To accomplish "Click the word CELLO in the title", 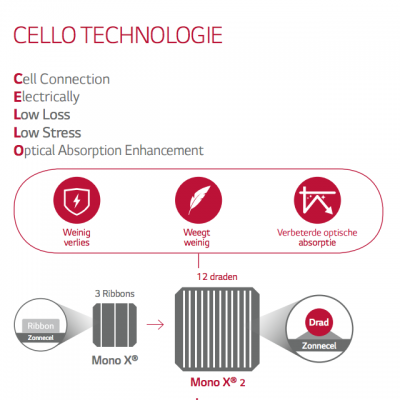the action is click(x=45, y=35).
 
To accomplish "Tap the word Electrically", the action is click(x=47, y=97).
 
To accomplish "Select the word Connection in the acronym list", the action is click(x=75, y=79).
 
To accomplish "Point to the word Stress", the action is click(x=62, y=133).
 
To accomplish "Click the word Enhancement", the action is click(x=164, y=150).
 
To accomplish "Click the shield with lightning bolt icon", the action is click(x=77, y=200).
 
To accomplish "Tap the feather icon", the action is click(x=198, y=200).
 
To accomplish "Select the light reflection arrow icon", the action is click(x=317, y=200).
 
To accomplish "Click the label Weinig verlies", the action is click(x=77, y=237).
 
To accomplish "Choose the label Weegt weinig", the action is click(x=197, y=237).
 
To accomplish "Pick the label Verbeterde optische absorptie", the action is click(x=317, y=237).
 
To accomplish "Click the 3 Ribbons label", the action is click(x=115, y=294).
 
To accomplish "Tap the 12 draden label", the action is click(x=217, y=277).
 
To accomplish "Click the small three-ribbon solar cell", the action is click(x=115, y=325).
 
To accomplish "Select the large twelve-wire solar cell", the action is click(x=217, y=329).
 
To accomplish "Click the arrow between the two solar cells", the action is click(x=155, y=324).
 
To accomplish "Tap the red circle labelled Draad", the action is click(x=319, y=322).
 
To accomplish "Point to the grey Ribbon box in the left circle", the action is click(x=41, y=326).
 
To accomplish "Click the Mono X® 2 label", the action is click(x=218, y=382).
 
